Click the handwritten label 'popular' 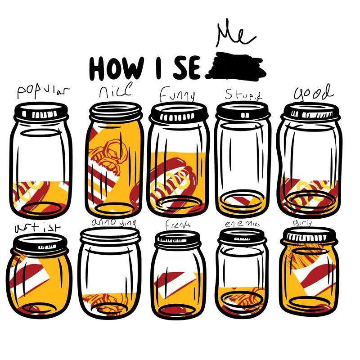pyautogui.click(x=44, y=91)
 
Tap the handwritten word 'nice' pyautogui.click(x=115, y=91)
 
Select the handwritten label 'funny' pyautogui.click(x=178, y=95)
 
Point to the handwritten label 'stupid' pyautogui.click(x=243, y=95)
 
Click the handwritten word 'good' pyautogui.click(x=314, y=93)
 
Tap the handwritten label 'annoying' pyautogui.click(x=113, y=222)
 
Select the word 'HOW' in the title pyautogui.click(x=115, y=68)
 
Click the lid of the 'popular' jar pyautogui.click(x=41, y=111)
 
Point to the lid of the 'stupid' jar pyautogui.click(x=243, y=110)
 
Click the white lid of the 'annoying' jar pyautogui.click(x=110, y=235)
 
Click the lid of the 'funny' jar pyautogui.click(x=179, y=112)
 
